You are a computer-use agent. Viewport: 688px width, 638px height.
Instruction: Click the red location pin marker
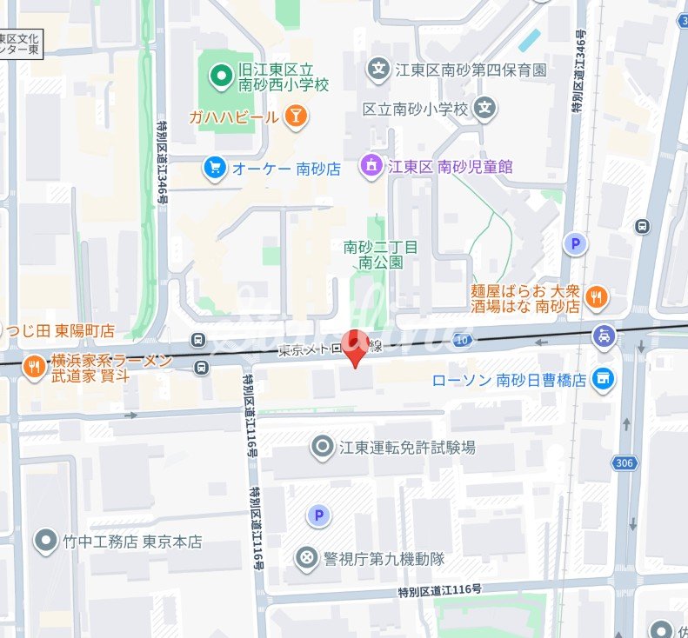(353, 346)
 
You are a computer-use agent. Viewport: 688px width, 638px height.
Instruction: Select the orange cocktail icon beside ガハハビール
(296, 116)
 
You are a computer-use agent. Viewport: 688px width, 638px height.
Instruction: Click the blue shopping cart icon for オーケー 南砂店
(214, 168)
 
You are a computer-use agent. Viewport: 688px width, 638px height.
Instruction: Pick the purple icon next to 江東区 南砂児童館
(371, 165)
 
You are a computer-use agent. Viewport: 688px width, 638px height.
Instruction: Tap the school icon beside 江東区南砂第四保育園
(378, 69)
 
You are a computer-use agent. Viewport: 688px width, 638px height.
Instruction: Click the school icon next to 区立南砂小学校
(485, 109)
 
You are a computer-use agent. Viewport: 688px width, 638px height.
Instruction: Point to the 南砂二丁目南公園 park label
(380, 254)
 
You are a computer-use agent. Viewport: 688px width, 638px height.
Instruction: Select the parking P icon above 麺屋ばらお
(574, 244)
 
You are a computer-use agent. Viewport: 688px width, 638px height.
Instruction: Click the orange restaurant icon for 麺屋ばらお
(597, 298)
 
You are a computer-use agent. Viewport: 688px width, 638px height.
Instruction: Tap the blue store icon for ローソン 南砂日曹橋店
(602, 379)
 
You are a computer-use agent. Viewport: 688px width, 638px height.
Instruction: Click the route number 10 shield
(463, 339)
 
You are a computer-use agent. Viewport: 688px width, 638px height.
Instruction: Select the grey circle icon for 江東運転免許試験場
(323, 447)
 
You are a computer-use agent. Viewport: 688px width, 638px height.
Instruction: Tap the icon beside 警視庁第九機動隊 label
(306, 558)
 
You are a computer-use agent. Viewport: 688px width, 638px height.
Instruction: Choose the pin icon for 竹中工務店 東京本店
(45, 542)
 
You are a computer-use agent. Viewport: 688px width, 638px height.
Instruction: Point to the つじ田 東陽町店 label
(60, 330)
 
